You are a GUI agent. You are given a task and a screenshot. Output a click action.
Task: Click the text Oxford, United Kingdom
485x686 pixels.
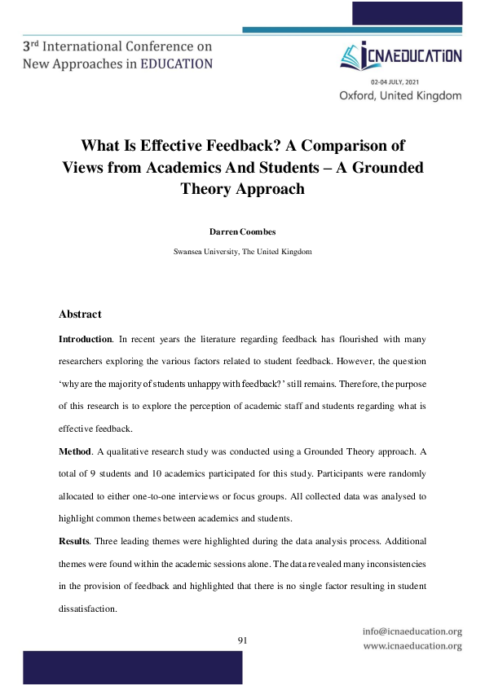point(400,95)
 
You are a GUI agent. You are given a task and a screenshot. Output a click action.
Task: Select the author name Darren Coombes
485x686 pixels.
point(242,233)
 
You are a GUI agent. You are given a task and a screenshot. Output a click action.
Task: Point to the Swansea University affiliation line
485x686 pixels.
point(242,252)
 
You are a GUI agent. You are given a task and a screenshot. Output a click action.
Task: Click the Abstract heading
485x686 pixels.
point(80,314)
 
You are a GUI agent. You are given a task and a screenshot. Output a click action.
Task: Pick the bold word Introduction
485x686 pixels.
point(85,337)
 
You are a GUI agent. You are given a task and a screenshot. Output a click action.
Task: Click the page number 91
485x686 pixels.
point(242,640)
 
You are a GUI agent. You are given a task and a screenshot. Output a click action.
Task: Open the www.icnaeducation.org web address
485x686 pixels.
point(412,646)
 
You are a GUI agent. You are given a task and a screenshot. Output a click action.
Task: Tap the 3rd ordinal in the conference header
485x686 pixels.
point(33,46)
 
